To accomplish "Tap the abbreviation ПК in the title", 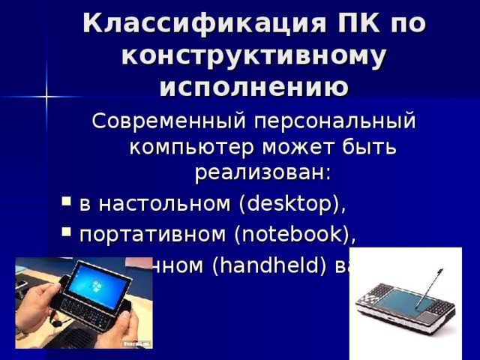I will (351, 25).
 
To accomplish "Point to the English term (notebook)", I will (294, 235).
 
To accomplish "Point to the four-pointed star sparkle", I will (47, 96).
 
